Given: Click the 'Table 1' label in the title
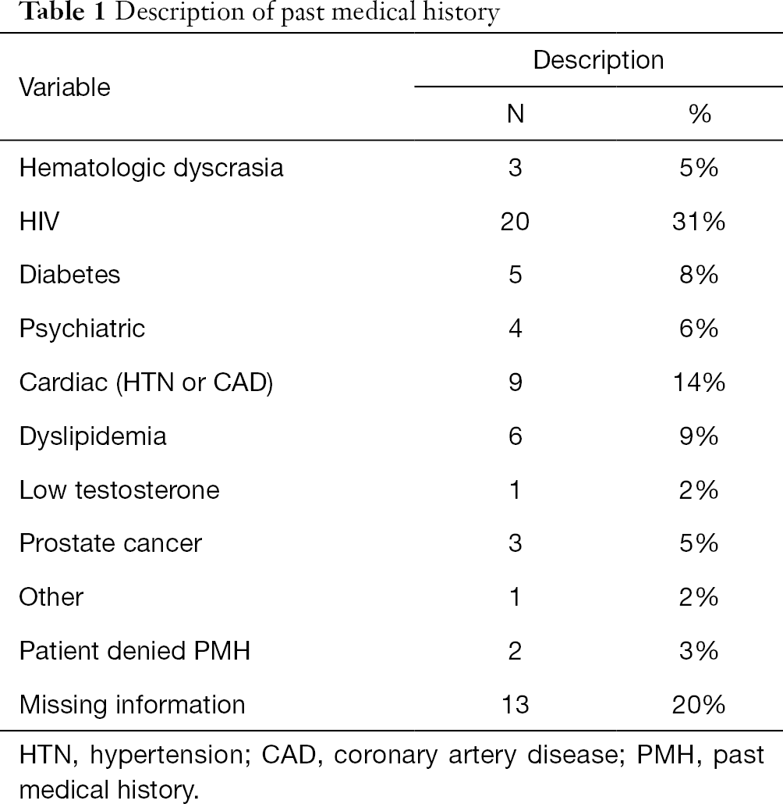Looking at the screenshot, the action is click(62, 11).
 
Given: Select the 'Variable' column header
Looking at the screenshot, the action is click(65, 87).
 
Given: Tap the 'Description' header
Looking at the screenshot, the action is click(598, 61).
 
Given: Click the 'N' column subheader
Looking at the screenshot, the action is click(516, 113).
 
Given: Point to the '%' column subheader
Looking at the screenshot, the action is click(700, 113).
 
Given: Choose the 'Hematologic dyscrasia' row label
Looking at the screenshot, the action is click(151, 169).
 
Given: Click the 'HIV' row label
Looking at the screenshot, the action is click(39, 222).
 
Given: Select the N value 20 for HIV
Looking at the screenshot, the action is click(515, 222).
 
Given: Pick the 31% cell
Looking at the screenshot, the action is click(699, 222).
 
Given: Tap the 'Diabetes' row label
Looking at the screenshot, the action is click(69, 275).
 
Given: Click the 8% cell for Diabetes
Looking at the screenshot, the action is click(699, 275).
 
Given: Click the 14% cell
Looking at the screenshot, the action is click(699, 382).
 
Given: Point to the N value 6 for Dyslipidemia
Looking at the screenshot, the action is click(516, 436).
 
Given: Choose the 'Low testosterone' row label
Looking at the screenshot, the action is click(119, 490).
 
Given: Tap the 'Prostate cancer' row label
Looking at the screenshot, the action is click(111, 543).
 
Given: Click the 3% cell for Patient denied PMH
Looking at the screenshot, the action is click(699, 651).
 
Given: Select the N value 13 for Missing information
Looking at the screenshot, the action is click(515, 705).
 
